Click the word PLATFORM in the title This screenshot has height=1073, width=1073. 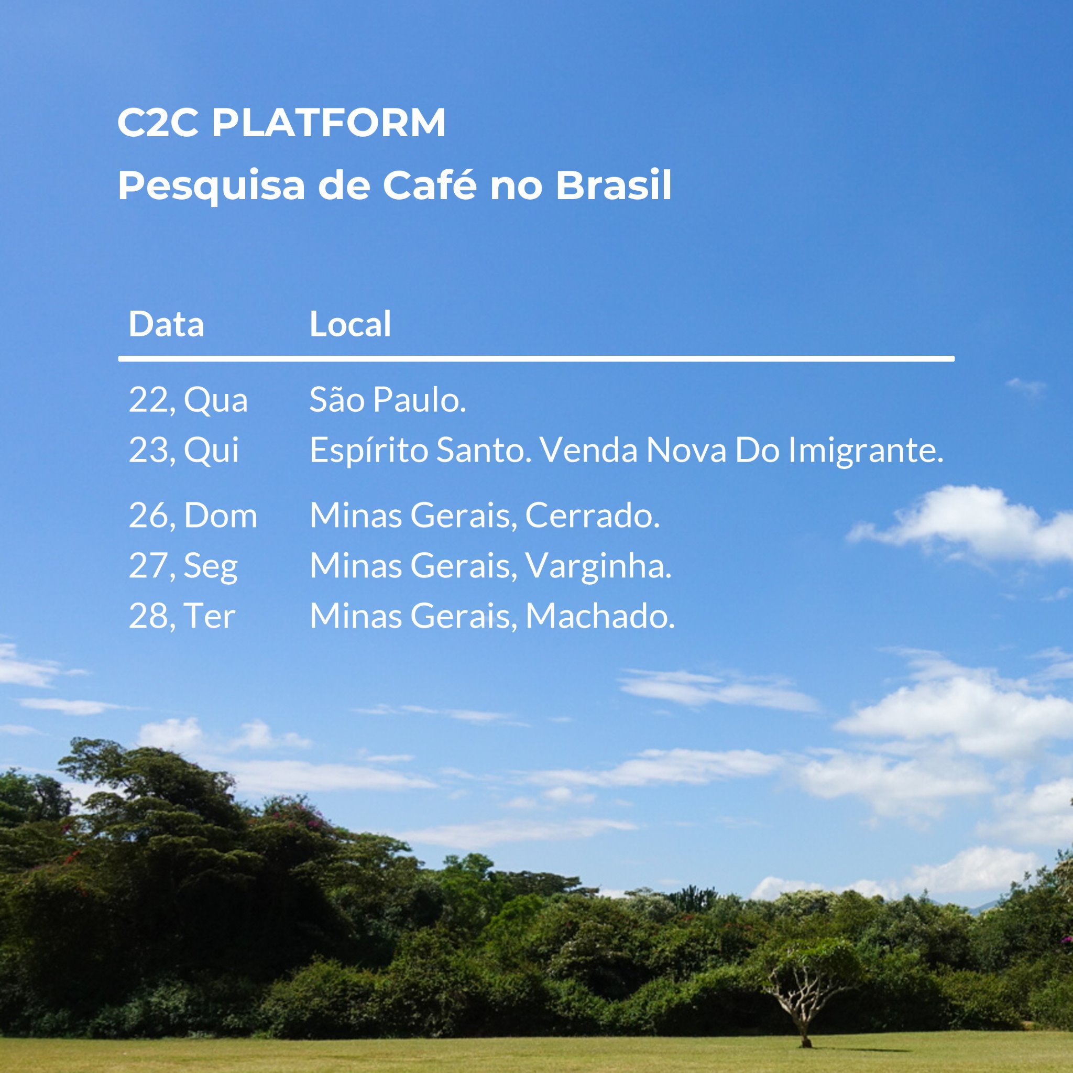pyautogui.click(x=329, y=122)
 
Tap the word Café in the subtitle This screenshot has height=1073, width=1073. pyautogui.click(x=429, y=185)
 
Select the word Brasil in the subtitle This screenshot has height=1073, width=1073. pyautogui.click(x=614, y=185)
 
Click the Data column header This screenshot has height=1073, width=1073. pyautogui.click(x=166, y=324)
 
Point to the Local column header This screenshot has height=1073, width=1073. pyautogui.click(x=350, y=324)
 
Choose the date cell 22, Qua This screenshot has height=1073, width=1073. pyautogui.click(x=188, y=400)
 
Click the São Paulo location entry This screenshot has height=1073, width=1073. pyautogui.click(x=387, y=400)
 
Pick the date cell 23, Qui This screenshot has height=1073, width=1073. pyautogui.click(x=183, y=450)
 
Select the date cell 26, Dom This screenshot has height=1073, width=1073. pyautogui.click(x=193, y=516)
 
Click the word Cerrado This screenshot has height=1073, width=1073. pyautogui.click(x=592, y=516)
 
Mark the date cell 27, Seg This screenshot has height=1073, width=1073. pyautogui.click(x=183, y=566)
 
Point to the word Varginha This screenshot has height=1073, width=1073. pyautogui.click(x=598, y=566)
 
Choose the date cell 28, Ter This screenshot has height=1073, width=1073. pyautogui.click(x=182, y=616)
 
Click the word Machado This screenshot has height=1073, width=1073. pyautogui.click(x=600, y=616)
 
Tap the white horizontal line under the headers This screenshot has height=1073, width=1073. pyautogui.click(x=536, y=359)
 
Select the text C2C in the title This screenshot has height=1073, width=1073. pyautogui.click(x=158, y=122)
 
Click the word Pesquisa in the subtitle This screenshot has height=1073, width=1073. pyautogui.click(x=211, y=186)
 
